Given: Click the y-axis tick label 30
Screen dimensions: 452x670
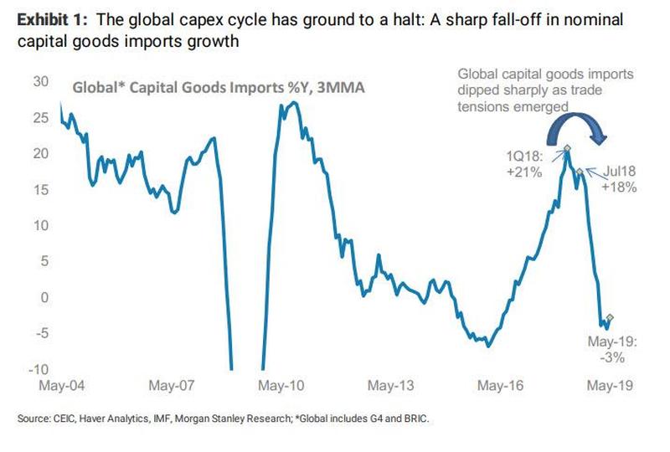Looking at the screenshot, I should click(40, 82).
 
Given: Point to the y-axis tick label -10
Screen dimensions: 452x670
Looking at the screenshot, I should click(39, 370).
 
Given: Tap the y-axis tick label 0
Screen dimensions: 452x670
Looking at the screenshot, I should click(45, 298).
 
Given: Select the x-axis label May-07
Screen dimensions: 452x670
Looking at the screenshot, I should click(172, 387).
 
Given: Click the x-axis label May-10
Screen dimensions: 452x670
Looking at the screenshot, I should click(281, 387).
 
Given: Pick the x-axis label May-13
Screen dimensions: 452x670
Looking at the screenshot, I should click(391, 387).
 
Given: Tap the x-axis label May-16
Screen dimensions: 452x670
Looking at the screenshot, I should click(501, 387).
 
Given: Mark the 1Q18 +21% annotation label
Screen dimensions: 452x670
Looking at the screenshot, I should click(525, 165).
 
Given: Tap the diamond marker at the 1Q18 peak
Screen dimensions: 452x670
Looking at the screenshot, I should click(567, 149).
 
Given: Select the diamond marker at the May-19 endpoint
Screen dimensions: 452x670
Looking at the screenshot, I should click(611, 318).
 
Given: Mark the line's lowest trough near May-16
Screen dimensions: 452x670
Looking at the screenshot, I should click(487, 345).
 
